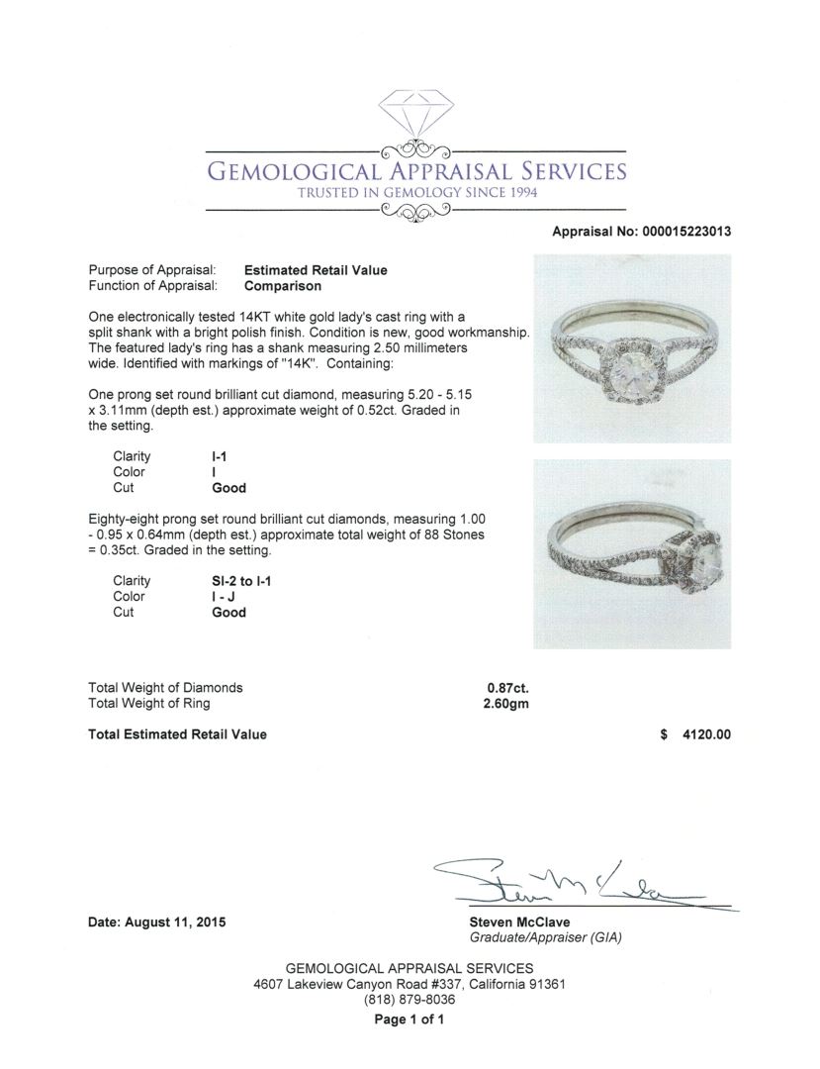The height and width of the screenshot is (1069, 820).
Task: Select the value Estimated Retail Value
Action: click(316, 270)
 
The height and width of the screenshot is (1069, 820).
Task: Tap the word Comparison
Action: click(282, 286)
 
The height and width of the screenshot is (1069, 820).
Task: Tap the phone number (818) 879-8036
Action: click(410, 1000)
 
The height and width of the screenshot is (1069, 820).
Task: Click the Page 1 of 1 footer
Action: click(410, 1020)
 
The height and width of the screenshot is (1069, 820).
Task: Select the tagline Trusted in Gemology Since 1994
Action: click(416, 192)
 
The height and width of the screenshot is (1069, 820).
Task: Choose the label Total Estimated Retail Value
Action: click(177, 734)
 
